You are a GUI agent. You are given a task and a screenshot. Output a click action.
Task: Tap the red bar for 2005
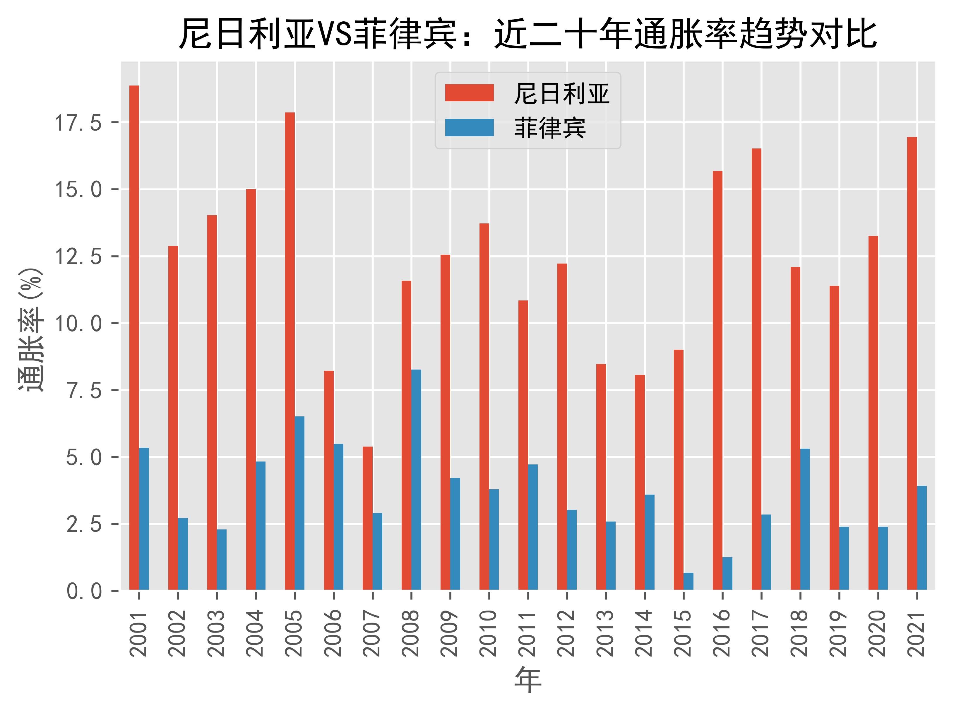click(290, 351)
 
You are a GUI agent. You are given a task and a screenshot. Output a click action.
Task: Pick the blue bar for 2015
click(688, 581)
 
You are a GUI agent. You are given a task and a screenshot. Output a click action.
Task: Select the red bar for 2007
click(367, 518)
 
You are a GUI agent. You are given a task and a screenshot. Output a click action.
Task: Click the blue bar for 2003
click(222, 560)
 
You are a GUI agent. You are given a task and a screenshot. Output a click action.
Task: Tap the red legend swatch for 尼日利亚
click(469, 93)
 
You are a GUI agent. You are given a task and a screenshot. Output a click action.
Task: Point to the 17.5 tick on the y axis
click(77, 123)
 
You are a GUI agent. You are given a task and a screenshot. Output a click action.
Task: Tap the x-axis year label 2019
click(839, 633)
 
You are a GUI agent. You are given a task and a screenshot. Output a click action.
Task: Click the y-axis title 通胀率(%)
click(31, 329)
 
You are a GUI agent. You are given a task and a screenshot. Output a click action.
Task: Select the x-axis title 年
click(528, 680)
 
